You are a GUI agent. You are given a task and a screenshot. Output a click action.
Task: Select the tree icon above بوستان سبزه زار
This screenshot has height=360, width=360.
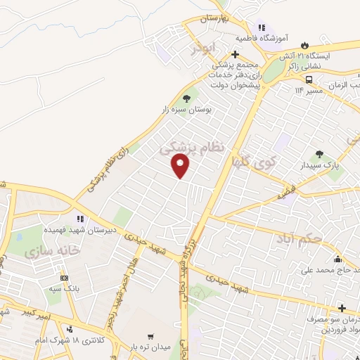(186, 98)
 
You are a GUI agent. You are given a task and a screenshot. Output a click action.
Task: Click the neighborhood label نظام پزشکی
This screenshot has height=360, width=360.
(193, 146)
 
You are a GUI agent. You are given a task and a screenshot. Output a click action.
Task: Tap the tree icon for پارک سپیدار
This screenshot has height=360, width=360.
(319, 155)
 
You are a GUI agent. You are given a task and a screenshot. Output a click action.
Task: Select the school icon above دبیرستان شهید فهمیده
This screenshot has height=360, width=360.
(82, 219)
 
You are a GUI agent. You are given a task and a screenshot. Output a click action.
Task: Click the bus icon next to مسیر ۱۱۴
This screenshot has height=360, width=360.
(289, 79)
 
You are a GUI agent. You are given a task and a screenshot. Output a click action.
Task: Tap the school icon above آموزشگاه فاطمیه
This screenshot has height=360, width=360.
(262, 27)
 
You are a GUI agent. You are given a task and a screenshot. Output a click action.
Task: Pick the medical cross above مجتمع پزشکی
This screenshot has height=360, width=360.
(235, 53)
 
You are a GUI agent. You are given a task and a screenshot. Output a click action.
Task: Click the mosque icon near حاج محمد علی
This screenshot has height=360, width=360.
(338, 258)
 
